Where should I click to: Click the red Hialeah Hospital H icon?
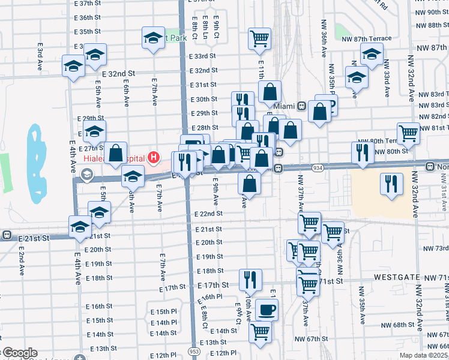click(x=154, y=158)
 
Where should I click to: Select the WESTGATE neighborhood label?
click(x=397, y=278)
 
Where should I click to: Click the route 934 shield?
click(x=318, y=167)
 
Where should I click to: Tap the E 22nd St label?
click(x=208, y=214)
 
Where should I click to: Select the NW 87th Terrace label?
click(x=366, y=38)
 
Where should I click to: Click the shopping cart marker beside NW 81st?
click(x=408, y=133)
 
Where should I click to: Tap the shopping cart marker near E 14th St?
click(x=260, y=331)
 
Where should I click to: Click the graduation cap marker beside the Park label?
click(x=153, y=37)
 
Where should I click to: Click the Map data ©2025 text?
click(x=424, y=355)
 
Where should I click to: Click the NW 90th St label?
click(x=431, y=11)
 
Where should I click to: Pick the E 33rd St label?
click(x=202, y=56)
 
